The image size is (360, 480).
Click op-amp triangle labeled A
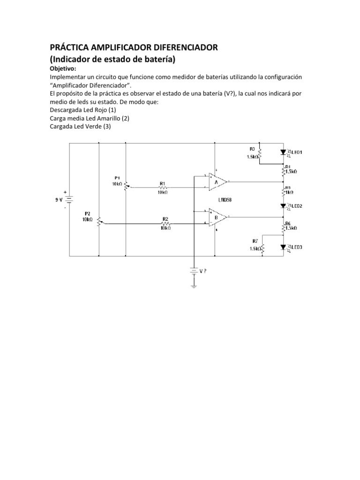pos(217,181)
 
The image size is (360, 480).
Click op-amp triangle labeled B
pos(217,217)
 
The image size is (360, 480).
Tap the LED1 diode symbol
pos(283,152)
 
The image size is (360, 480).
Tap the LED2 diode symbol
pos(283,206)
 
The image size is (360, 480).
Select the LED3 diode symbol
pos(283,247)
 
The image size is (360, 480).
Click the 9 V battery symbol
pos(69,200)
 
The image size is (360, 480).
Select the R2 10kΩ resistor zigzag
pos(165,224)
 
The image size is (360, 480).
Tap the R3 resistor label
pos(252,149)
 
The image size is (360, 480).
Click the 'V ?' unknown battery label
pos(203,270)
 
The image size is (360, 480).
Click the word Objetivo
pos(63,68)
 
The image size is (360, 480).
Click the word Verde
pos(95,127)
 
